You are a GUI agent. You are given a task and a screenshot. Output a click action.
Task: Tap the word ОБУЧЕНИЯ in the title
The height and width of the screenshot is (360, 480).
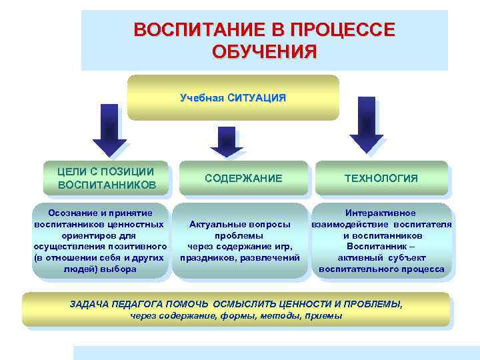click(x=264, y=51)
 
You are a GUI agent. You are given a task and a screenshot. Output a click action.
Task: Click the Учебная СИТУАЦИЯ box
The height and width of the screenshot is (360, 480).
click(x=233, y=98)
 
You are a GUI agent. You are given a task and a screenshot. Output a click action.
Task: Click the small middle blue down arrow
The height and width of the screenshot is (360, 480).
click(x=227, y=142)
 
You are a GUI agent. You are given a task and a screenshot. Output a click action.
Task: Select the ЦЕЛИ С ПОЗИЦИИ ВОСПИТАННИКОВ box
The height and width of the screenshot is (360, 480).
click(x=107, y=177)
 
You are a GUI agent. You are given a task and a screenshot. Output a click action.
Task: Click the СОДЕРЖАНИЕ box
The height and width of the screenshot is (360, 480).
click(x=243, y=178)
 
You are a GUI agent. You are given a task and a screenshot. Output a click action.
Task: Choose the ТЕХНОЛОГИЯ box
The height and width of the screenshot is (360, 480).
click(x=381, y=178)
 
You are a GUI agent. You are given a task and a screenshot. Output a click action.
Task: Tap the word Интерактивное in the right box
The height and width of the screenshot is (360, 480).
click(x=381, y=213)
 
